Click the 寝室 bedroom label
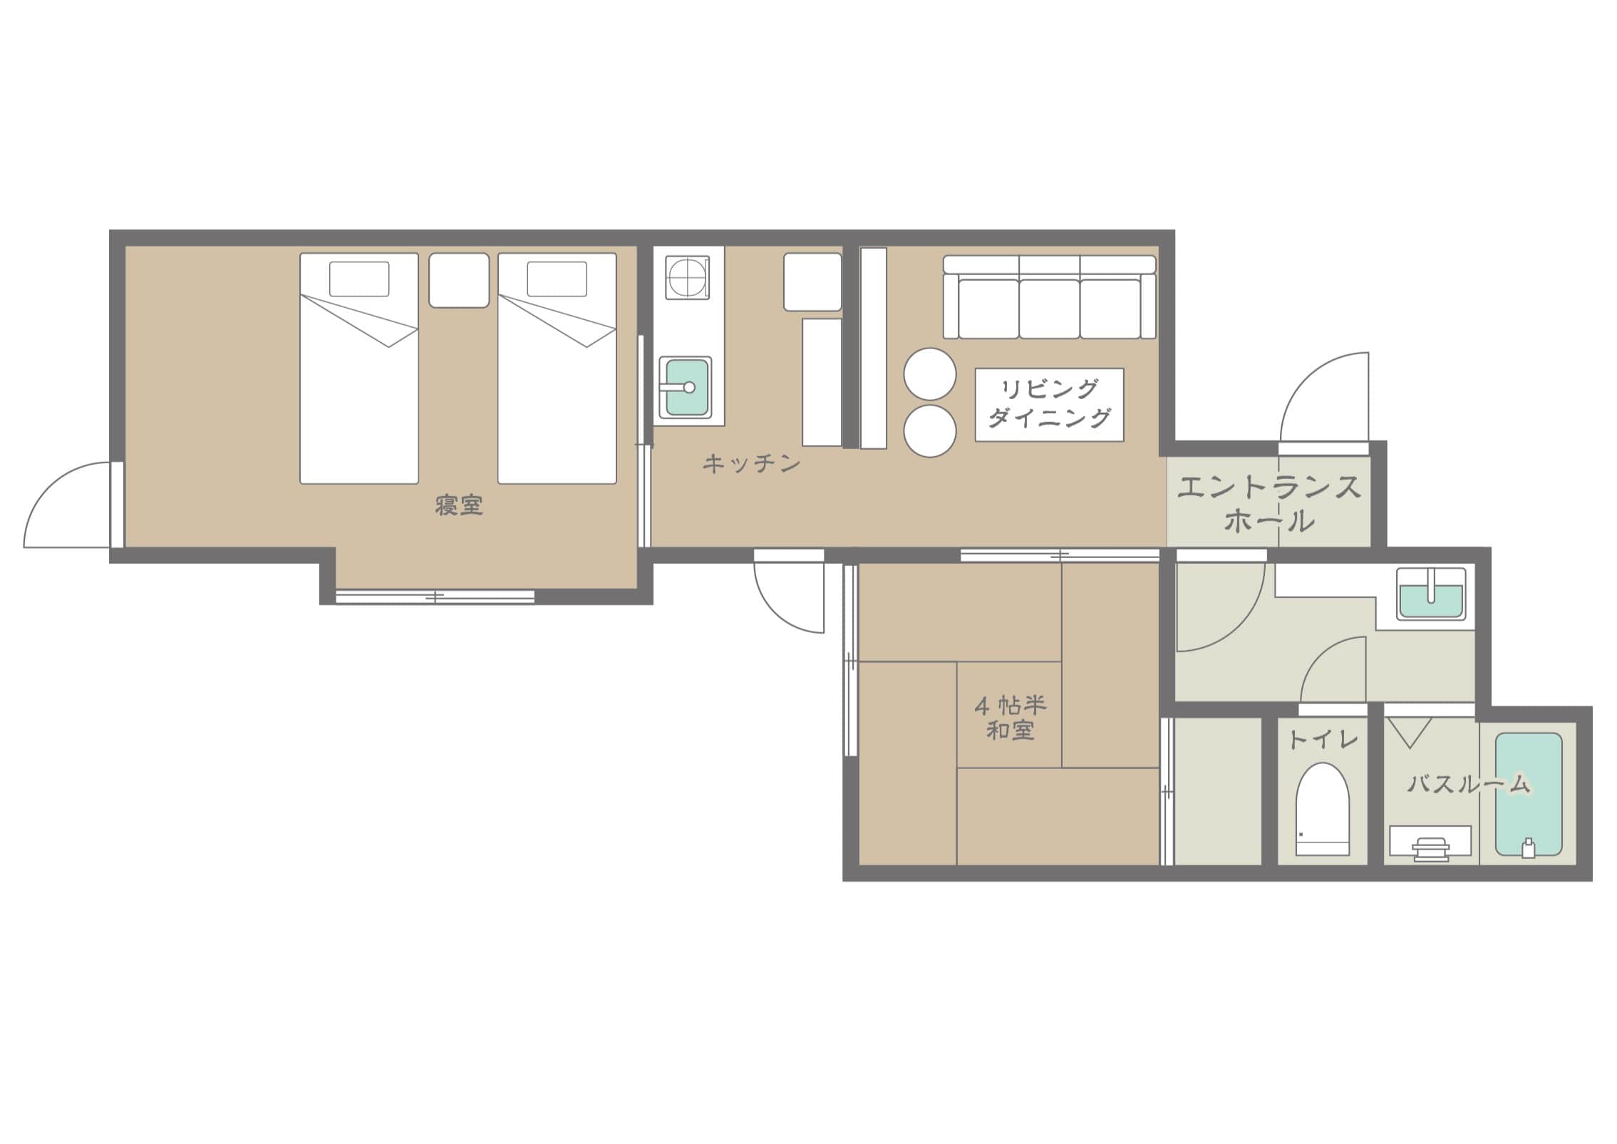point(459,505)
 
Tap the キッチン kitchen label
point(752,464)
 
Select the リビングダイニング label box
point(1049,405)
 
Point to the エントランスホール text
point(1269,505)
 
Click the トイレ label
point(1323,740)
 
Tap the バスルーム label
point(1469,784)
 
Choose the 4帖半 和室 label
point(1010,718)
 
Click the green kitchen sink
point(685,387)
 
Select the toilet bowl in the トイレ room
point(1323,810)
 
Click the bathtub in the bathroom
point(1529,795)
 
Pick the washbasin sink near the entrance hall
point(1431,593)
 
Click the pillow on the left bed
point(359,279)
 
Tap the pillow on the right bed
point(557,279)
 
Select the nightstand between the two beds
point(459,281)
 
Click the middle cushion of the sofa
point(1049,309)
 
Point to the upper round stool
point(930,373)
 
